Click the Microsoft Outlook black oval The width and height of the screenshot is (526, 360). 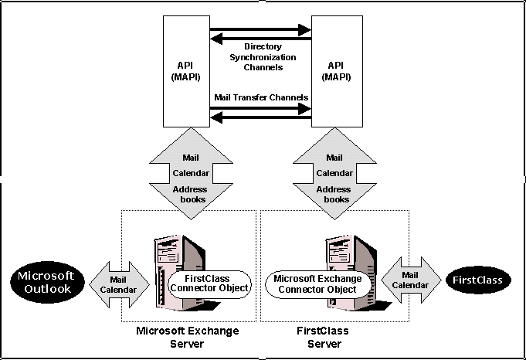(x=48, y=282)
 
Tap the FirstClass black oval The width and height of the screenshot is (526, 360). (x=478, y=280)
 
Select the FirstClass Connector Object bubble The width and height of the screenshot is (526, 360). (x=209, y=284)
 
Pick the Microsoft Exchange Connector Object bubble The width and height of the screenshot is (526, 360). (x=318, y=284)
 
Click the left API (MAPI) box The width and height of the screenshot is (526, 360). (x=186, y=71)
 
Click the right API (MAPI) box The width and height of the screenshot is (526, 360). (x=337, y=71)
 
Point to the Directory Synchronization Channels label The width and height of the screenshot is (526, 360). (x=263, y=56)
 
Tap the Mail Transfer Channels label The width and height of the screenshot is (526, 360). (x=261, y=97)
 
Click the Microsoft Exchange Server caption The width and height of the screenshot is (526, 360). (x=188, y=337)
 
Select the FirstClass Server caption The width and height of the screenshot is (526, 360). (x=323, y=337)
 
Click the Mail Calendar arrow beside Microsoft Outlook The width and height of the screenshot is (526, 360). (x=119, y=284)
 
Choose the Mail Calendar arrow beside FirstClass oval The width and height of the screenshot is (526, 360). (x=411, y=280)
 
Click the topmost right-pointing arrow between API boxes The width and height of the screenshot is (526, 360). (x=260, y=30)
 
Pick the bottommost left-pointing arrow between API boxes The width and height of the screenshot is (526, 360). (x=260, y=117)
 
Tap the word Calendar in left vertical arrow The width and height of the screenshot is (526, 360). (x=191, y=173)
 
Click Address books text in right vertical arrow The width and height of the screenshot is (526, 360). (x=334, y=194)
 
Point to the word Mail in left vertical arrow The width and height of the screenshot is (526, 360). (x=191, y=158)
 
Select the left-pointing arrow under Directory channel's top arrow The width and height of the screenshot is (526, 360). (x=260, y=39)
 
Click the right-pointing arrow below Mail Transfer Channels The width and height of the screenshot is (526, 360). (x=260, y=108)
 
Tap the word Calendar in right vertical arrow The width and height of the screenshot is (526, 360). (x=334, y=173)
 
